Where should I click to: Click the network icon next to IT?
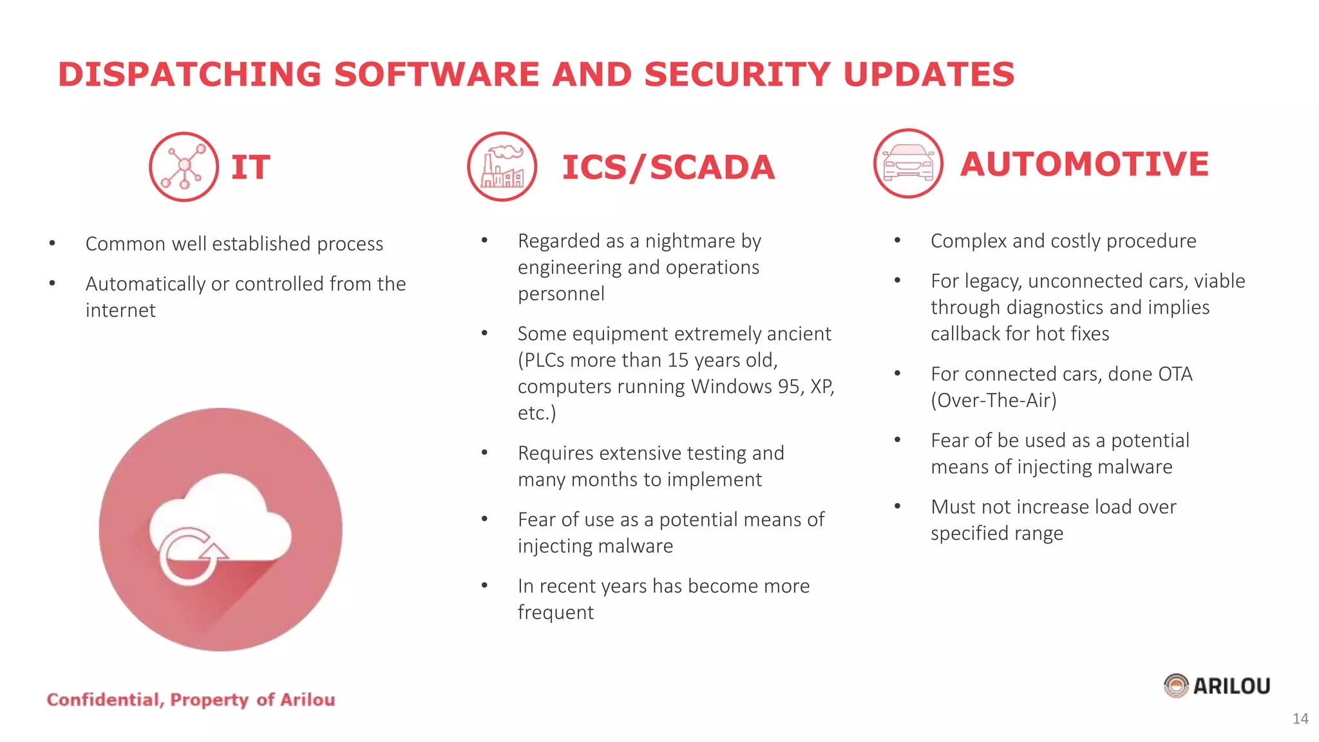(x=184, y=167)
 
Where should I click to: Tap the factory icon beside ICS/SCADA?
(x=502, y=167)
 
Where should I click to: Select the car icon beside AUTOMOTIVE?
(x=908, y=164)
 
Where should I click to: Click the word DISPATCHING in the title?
(x=189, y=74)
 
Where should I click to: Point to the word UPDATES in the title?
(x=928, y=74)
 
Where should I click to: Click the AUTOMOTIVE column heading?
(x=1084, y=164)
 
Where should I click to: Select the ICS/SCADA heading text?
(x=668, y=167)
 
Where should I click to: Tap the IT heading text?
(x=251, y=167)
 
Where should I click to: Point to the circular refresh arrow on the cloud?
(x=191, y=555)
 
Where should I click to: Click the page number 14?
(x=1300, y=719)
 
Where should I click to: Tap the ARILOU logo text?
(x=1231, y=687)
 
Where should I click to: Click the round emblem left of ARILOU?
(x=1176, y=686)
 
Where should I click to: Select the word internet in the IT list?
(x=120, y=310)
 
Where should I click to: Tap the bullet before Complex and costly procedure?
(x=897, y=241)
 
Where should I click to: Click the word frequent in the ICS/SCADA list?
(x=555, y=613)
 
